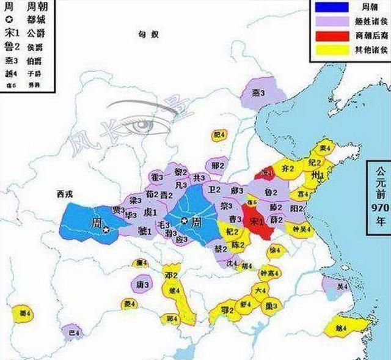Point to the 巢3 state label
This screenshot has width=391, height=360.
tap(269, 305)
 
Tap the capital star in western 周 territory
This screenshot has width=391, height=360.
tap(106, 230)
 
